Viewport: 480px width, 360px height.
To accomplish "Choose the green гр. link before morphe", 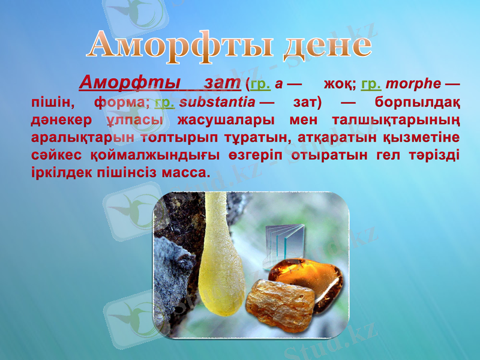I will [x=373, y=83].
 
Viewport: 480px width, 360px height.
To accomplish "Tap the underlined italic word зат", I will [x=223, y=81].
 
